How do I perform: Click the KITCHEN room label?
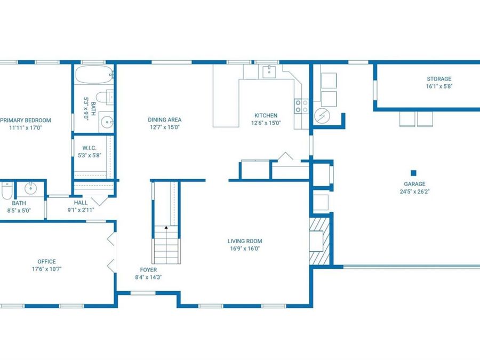pyautogui.click(x=266, y=115)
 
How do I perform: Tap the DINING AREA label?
pyautogui.click(x=165, y=119)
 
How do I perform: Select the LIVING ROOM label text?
pyautogui.click(x=245, y=241)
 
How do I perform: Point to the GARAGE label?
pyautogui.click(x=414, y=184)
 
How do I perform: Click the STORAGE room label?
pyautogui.click(x=439, y=79)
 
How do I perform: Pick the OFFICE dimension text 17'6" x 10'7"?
pyautogui.click(x=47, y=269)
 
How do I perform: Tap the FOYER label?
pyautogui.click(x=148, y=270)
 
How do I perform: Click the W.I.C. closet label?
pyautogui.click(x=90, y=148)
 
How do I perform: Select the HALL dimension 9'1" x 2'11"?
pyautogui.click(x=81, y=210)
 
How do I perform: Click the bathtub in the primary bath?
pyautogui.click(x=94, y=74)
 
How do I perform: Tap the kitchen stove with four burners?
pyautogui.click(x=301, y=106)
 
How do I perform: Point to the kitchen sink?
pyautogui.click(x=269, y=71)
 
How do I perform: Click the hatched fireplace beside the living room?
pyautogui.click(x=319, y=241)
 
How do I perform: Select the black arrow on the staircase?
pyautogui.click(x=166, y=227)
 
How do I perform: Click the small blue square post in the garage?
pyautogui.click(x=413, y=173)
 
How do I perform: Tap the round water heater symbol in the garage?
pyautogui.click(x=322, y=116)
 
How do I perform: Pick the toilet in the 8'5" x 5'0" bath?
pyautogui.click(x=6, y=190)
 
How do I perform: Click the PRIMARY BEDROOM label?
pyautogui.click(x=26, y=121)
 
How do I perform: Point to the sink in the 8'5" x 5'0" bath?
pyautogui.click(x=30, y=189)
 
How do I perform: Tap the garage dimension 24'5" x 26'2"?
pyautogui.click(x=414, y=191)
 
